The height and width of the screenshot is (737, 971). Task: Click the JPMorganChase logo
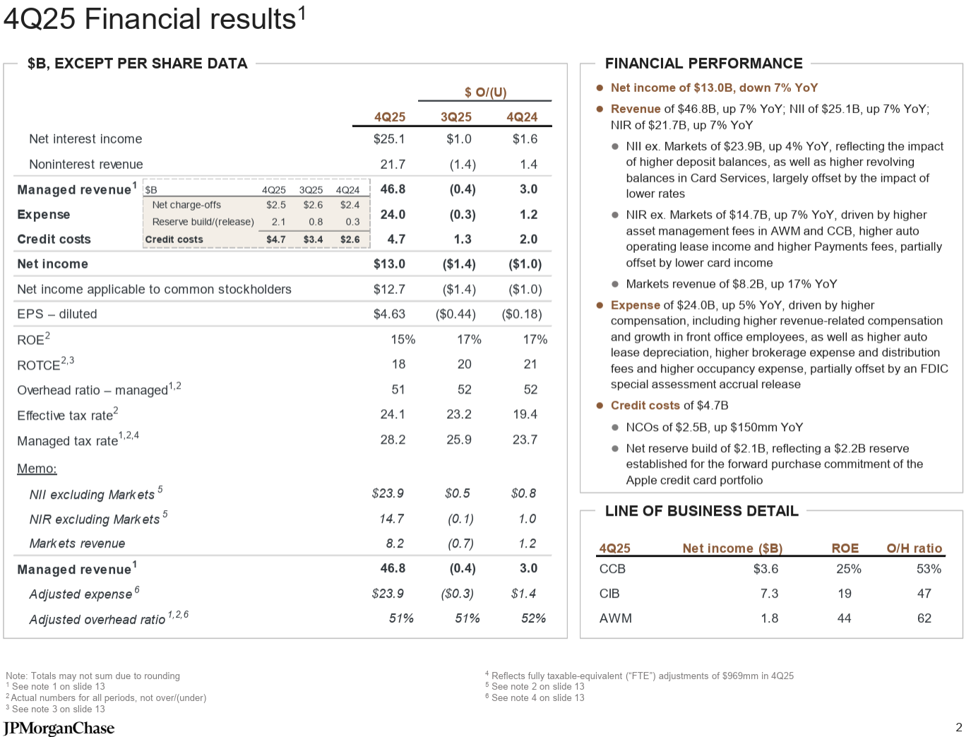[59, 728]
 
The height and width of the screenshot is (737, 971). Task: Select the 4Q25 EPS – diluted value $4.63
[389, 314]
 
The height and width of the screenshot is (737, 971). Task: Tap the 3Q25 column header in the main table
[455, 117]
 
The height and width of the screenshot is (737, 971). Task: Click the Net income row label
[53, 264]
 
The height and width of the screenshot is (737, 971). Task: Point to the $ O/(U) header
[485, 92]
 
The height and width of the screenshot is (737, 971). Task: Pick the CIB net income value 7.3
[769, 594]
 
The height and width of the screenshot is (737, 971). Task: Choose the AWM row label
[615, 618]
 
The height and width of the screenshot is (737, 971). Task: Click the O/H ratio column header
[914, 548]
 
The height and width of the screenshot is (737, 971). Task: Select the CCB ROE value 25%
[848, 569]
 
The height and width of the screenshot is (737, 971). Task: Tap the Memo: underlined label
[37, 468]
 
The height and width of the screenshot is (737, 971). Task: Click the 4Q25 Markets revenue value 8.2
[395, 543]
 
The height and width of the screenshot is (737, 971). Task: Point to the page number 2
[958, 727]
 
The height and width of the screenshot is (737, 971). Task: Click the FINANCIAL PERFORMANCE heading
[703, 63]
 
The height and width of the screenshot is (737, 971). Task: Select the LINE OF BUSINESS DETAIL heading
[701, 511]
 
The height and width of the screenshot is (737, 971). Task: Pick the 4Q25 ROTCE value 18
[398, 364]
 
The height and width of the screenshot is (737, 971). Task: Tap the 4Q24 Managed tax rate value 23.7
[525, 440]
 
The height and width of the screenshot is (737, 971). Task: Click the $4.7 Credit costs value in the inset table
[275, 240]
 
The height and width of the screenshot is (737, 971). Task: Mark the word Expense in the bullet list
[635, 305]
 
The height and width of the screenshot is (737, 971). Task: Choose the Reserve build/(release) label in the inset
[203, 222]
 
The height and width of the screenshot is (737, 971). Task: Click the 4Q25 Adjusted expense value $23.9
[388, 594]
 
